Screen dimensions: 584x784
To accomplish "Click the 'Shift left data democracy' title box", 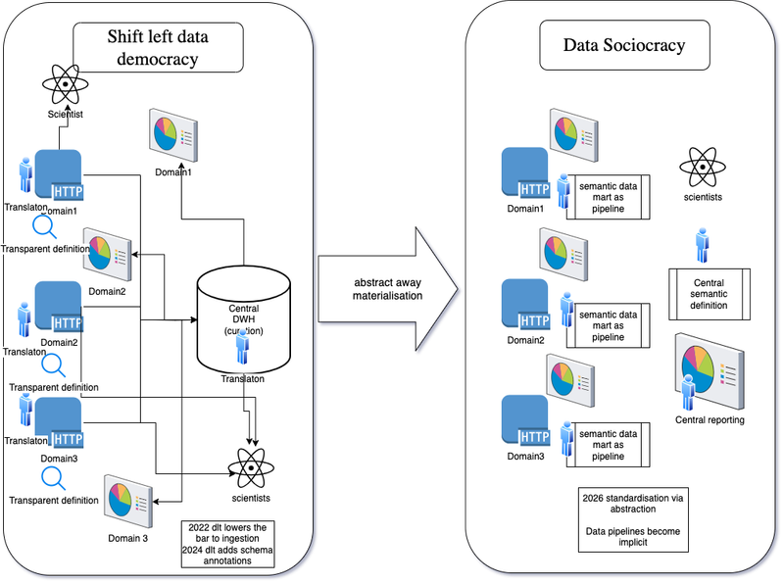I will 158,48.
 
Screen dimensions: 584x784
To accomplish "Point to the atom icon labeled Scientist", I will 65,85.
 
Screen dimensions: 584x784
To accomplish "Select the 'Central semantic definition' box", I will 709,291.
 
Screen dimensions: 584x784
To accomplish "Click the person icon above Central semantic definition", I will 702,245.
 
